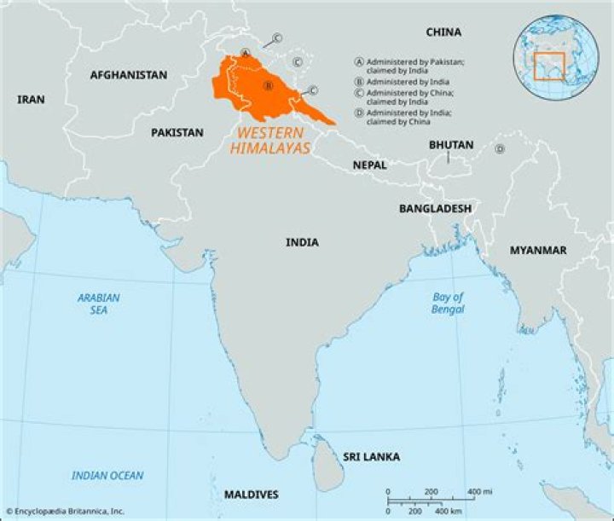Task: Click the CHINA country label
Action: pyautogui.click(x=443, y=32)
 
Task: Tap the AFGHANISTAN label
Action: pyautogui.click(x=129, y=75)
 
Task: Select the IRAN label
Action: pyautogui.click(x=31, y=100)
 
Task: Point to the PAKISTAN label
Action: pyautogui.click(x=177, y=133)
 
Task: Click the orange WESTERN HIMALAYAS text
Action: pyautogui.click(x=269, y=141)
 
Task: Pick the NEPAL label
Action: pyautogui.click(x=369, y=165)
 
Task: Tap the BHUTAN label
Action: pyautogui.click(x=451, y=145)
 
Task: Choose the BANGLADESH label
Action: pyautogui.click(x=435, y=208)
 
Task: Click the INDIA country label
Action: pyautogui.click(x=302, y=243)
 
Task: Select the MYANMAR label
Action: pyautogui.click(x=538, y=250)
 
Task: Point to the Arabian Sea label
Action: pyautogui.click(x=99, y=304)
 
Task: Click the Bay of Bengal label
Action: pyautogui.click(x=448, y=304)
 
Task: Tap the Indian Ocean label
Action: pyautogui.click(x=107, y=476)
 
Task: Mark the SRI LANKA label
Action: pyautogui.click(x=372, y=457)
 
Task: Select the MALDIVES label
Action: pyautogui.click(x=251, y=495)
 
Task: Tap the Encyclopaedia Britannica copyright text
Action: pyautogui.click(x=65, y=512)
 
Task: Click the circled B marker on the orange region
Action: pyautogui.click(x=268, y=85)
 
